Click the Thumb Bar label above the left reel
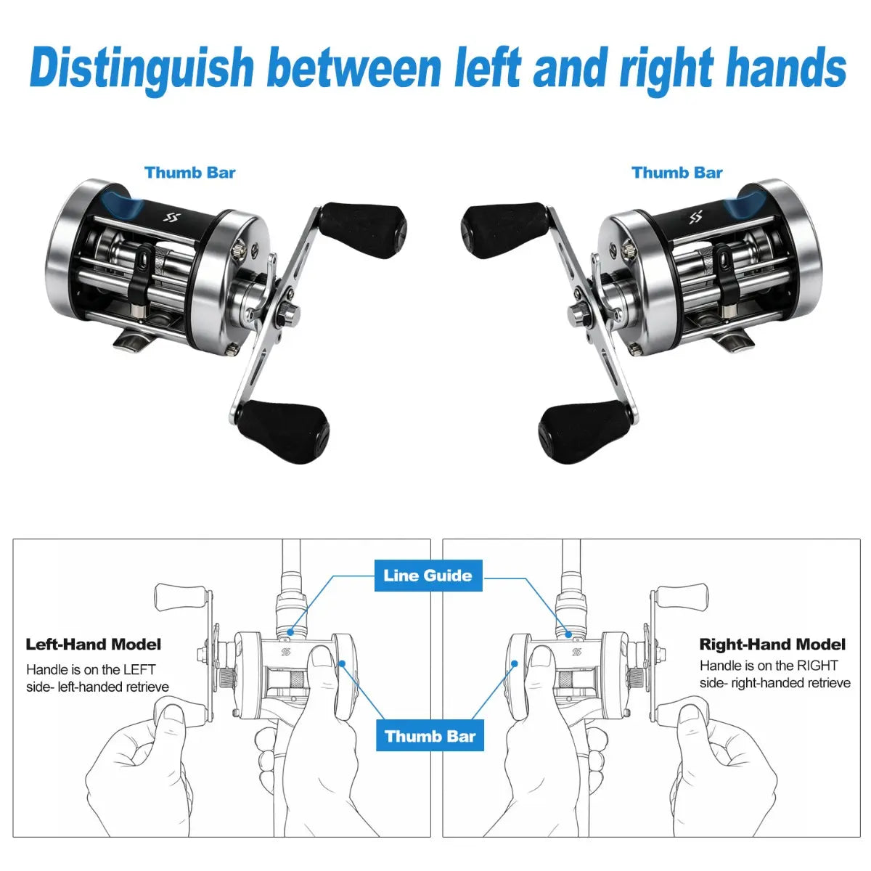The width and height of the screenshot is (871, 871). pyautogui.click(x=190, y=173)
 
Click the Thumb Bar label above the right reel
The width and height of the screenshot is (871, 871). pyautogui.click(x=676, y=173)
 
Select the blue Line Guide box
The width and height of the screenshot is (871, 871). pyautogui.click(x=428, y=576)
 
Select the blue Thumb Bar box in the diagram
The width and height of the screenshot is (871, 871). pyautogui.click(x=430, y=736)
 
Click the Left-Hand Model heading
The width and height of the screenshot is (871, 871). pyautogui.click(x=93, y=644)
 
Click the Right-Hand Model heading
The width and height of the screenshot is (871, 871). pyautogui.click(x=772, y=644)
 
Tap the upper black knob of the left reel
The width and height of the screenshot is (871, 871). pyautogui.click(x=363, y=229)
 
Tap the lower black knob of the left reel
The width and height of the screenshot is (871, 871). pyautogui.click(x=284, y=432)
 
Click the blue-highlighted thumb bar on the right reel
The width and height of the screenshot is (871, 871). pyautogui.click(x=747, y=204)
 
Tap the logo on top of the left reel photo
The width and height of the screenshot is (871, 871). pyautogui.click(x=172, y=218)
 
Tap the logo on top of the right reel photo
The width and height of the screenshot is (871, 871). pyautogui.click(x=695, y=218)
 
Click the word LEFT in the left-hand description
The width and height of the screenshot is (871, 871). pyautogui.click(x=141, y=669)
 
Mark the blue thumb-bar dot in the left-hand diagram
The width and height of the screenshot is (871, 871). pyautogui.click(x=342, y=663)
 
